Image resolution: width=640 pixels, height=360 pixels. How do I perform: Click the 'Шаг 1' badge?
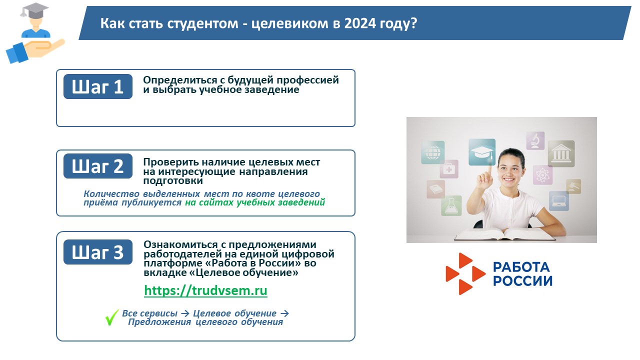[98, 87]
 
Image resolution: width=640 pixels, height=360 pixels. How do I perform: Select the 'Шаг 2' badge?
[98, 166]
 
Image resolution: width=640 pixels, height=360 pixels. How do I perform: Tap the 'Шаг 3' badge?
[98, 252]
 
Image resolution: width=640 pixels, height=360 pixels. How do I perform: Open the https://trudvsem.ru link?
[205, 291]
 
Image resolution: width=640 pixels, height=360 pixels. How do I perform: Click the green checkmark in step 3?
[111, 317]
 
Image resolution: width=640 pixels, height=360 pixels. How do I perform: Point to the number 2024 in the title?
[359, 23]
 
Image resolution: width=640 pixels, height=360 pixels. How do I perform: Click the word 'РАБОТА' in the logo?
[521, 267]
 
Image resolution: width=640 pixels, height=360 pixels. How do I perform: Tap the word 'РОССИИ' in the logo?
[523, 280]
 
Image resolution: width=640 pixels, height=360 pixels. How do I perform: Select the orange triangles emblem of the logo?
[465, 273]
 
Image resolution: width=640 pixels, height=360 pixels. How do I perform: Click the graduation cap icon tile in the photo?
[482, 152]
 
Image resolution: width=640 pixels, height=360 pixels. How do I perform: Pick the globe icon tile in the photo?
[433, 152]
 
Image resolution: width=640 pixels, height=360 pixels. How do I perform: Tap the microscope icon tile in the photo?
[535, 140]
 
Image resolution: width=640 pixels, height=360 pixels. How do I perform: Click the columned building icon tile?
[561, 153]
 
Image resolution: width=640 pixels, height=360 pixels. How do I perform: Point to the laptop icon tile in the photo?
[559, 201]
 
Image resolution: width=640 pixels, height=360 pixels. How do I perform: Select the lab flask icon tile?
[451, 205]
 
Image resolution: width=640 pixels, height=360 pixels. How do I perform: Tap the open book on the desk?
[504, 234]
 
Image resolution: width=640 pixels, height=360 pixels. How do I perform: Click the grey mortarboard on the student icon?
[34, 10]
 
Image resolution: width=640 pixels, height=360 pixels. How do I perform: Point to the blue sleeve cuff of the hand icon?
[16, 53]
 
